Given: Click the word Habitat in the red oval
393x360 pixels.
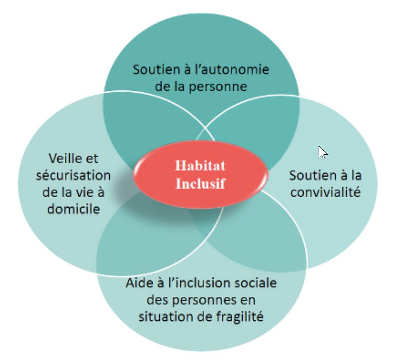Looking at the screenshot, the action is click(x=200, y=166).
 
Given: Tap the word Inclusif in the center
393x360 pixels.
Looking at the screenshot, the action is click(x=200, y=183).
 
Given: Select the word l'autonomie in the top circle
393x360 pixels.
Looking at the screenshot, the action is click(x=232, y=69).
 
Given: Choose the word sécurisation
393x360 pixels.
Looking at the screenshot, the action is click(x=73, y=175).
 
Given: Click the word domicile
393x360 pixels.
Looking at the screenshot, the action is click(x=74, y=209).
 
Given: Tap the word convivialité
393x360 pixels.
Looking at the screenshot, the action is click(x=326, y=192).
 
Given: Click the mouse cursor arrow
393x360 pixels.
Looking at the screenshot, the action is click(x=322, y=152).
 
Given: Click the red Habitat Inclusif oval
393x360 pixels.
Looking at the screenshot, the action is click(x=201, y=174).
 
